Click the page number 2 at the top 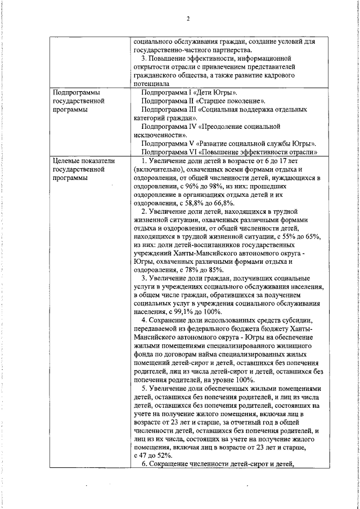pos(188,19)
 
